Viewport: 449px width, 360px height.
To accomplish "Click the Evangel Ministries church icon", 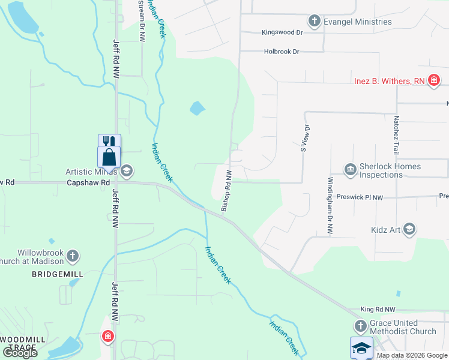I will pos(313,22).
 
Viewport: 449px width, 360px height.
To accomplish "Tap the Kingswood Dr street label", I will pos(282,32).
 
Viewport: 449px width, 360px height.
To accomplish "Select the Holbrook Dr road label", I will pos(282,52).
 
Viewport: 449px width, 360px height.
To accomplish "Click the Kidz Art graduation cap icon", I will pos(409,229).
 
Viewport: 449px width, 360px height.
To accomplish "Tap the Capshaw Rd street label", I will pos(88,182).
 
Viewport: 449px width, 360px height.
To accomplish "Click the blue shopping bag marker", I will pos(109,158).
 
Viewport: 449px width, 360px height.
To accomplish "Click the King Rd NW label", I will pos(378,309).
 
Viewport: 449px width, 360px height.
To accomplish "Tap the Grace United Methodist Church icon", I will pos(360,326).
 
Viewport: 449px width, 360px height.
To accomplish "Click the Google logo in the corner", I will pos(20,353).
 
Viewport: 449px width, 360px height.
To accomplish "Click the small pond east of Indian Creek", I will pos(197,109).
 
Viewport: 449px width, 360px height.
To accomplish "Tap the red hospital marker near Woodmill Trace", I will pos(108,337).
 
